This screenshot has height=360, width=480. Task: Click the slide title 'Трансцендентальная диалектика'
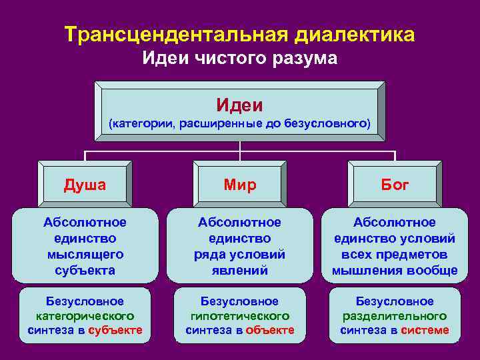coord(240,34)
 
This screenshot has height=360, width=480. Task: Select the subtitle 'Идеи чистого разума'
coord(240,59)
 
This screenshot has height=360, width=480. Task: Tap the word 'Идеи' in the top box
coord(239,105)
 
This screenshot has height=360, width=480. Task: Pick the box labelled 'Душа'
coord(84,185)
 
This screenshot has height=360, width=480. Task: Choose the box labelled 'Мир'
coord(239,185)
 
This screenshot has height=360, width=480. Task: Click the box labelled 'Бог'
coord(395,185)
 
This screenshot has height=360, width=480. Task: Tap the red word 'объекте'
coord(269,330)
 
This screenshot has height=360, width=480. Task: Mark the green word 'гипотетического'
coord(239,316)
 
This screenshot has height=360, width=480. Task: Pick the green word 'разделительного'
coord(395,316)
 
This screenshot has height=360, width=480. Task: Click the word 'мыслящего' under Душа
coord(84,255)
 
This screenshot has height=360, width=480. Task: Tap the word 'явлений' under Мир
coord(239,271)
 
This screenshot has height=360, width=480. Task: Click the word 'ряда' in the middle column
coord(207,255)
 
